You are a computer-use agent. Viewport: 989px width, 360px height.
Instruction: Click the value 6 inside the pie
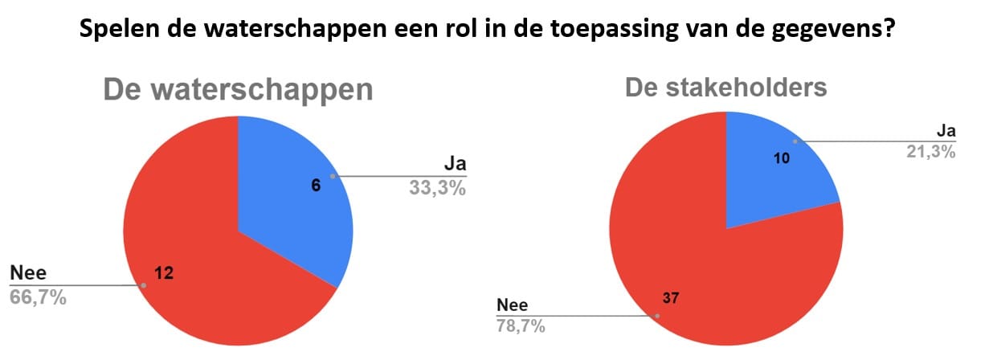tap(316, 185)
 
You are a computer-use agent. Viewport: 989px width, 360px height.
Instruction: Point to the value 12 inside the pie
tap(164, 273)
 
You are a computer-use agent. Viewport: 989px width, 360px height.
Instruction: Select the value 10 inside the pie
tap(782, 158)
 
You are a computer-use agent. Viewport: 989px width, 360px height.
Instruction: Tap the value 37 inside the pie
tap(671, 297)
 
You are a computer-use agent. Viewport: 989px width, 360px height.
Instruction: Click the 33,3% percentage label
tap(437, 188)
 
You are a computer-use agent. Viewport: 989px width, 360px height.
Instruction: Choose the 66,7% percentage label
tap(38, 297)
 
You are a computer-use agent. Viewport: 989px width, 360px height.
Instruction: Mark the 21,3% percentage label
tap(931, 152)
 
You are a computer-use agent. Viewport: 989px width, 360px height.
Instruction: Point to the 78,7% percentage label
tap(521, 326)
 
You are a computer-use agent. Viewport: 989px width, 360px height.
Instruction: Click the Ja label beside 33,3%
tap(456, 163)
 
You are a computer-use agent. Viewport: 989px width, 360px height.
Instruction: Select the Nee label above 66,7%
tap(28, 272)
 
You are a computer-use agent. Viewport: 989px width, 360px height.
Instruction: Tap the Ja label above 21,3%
tap(946, 131)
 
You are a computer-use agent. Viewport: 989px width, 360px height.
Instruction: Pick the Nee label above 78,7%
tap(512, 305)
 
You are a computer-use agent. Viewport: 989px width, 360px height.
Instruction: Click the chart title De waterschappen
tap(239, 90)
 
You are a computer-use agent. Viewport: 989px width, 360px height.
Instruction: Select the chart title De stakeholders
tap(725, 87)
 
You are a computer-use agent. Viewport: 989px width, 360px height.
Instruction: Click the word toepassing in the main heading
tap(614, 29)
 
